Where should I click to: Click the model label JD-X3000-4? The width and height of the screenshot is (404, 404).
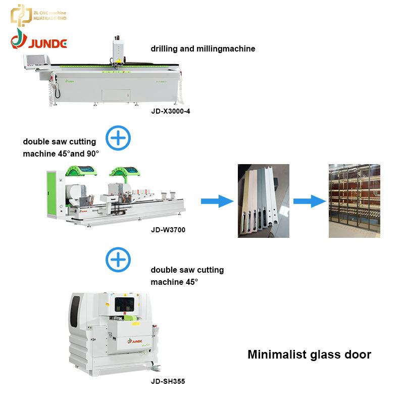(171, 111)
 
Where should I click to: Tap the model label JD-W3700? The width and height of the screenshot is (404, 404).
(168, 230)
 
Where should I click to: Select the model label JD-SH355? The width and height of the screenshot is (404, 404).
(168, 381)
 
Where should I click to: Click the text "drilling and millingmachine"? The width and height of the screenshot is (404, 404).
(203, 48)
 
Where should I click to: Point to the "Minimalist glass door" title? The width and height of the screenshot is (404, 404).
(309, 355)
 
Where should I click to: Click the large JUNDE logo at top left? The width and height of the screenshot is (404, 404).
(39, 39)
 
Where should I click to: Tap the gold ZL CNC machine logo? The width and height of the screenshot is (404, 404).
(38, 15)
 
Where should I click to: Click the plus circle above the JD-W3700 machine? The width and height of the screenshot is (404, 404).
(118, 138)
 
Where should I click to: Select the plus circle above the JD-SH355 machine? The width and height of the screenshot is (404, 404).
(118, 260)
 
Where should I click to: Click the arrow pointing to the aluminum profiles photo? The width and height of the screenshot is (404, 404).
(217, 201)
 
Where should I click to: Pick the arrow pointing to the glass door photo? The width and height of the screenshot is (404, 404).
(310, 201)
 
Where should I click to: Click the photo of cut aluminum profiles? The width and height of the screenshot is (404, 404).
(264, 200)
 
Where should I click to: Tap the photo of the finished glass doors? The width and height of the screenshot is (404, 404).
(355, 200)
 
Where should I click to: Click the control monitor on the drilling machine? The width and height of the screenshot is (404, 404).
(36, 61)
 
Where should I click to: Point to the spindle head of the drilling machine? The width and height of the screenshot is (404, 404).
(118, 52)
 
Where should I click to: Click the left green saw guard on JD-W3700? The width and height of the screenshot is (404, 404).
(81, 171)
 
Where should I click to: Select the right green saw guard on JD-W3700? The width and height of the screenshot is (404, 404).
(125, 171)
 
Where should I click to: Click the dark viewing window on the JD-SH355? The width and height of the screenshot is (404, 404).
(125, 305)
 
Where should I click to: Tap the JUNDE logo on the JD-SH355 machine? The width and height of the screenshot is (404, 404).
(135, 341)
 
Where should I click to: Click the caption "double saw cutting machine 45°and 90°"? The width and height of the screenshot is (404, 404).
(61, 147)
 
